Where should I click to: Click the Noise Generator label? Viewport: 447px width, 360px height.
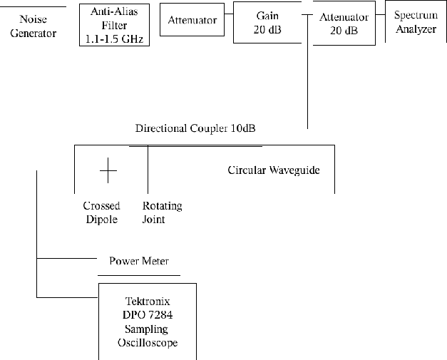[x=34, y=26]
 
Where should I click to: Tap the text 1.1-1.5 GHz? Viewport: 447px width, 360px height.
[x=114, y=39]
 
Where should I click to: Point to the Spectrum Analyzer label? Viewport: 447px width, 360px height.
[x=416, y=22]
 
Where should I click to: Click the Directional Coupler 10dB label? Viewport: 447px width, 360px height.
[x=195, y=128]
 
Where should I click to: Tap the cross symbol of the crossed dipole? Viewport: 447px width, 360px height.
[x=108, y=170]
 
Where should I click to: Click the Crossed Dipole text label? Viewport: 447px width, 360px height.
[x=101, y=212]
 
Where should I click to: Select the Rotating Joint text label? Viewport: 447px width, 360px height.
[x=163, y=212]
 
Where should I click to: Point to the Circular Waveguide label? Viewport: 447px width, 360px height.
[x=274, y=170]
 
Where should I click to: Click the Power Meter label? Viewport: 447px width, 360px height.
[x=139, y=261]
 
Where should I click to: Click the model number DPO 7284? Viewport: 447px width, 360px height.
[x=148, y=315]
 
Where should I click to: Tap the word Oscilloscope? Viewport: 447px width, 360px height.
[x=148, y=343]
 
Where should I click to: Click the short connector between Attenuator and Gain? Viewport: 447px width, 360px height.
[x=229, y=14]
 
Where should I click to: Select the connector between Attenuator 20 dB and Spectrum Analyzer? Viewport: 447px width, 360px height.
[x=380, y=14]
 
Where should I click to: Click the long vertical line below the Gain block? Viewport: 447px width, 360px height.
[x=307, y=71]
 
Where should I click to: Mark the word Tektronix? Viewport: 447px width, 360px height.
[x=148, y=302]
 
